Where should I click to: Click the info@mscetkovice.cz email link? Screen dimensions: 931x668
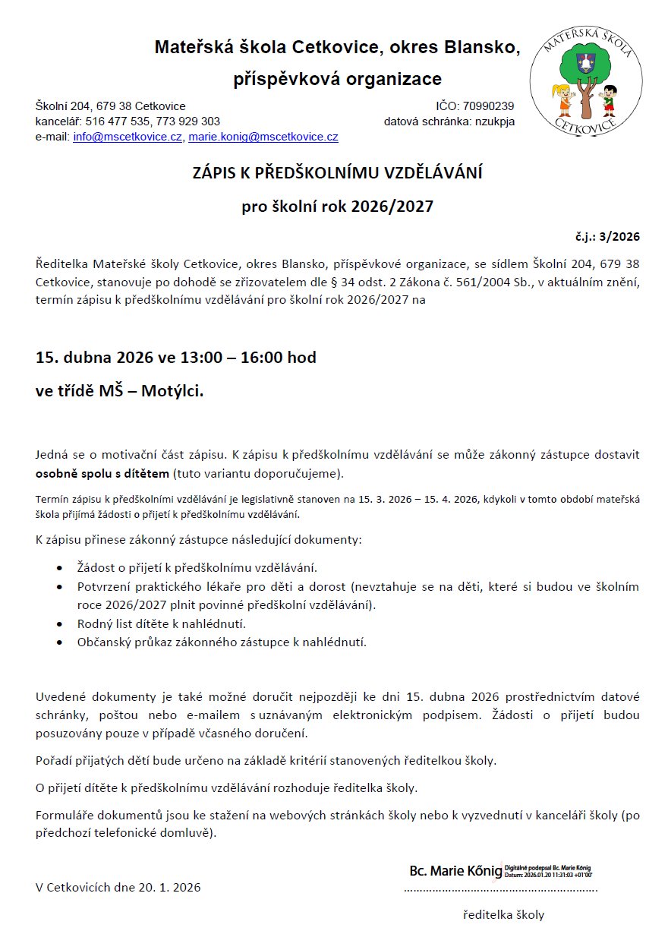tap(128, 137)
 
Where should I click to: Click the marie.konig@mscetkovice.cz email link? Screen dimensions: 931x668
tap(263, 137)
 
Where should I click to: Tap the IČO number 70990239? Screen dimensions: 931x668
tap(487, 106)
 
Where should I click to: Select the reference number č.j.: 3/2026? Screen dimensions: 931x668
tap(608, 237)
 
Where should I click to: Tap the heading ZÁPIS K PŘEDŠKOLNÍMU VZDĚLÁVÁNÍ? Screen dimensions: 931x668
tap(337, 174)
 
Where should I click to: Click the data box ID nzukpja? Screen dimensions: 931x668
tap(494, 122)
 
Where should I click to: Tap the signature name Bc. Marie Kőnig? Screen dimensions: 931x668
tap(455, 870)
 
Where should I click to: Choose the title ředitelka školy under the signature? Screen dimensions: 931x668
tap(503, 915)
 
